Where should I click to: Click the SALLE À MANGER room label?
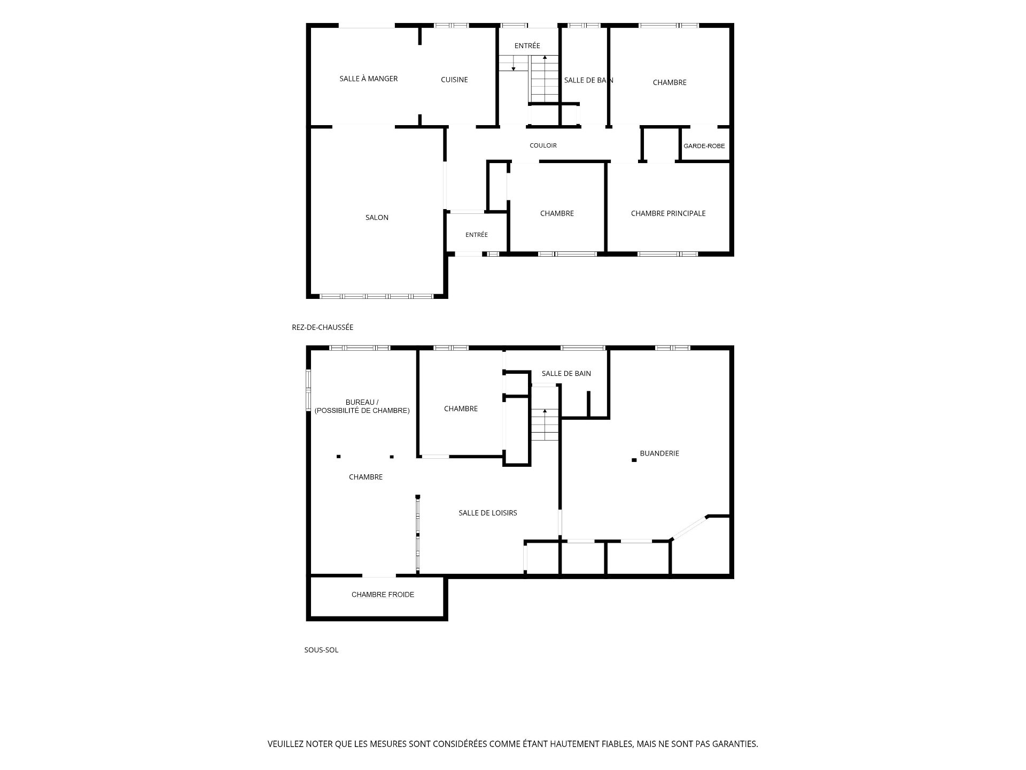369,79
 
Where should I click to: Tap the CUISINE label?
454,80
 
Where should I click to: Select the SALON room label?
377,218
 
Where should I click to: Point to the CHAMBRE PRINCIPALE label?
668,213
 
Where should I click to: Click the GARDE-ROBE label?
704,146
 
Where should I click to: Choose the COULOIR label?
543,145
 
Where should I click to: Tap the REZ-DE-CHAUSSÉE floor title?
322,327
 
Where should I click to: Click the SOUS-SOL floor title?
321,650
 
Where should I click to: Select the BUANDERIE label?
659,453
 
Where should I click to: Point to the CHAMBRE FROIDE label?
383,595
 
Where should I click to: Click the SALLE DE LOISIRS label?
488,513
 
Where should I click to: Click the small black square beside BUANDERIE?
634,460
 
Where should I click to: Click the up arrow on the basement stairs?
545,418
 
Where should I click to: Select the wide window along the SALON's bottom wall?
376,296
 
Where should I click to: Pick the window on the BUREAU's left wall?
308,390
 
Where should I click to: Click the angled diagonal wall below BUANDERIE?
689,528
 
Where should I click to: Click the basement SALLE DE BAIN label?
566,373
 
